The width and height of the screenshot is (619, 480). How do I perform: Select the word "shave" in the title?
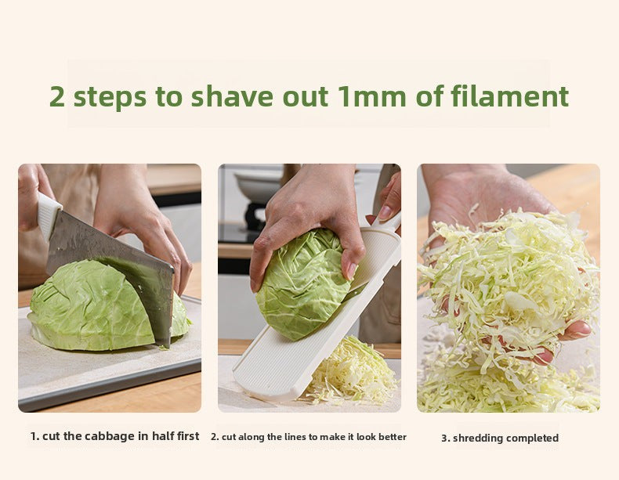pyautogui.click(x=232, y=96)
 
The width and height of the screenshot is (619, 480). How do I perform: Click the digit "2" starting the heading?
pyautogui.click(x=57, y=96)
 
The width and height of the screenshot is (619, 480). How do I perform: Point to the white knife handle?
pyautogui.click(x=48, y=215)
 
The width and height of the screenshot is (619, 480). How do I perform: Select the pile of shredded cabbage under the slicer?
pyautogui.click(x=351, y=373)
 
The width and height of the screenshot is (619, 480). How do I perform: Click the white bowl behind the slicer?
pyautogui.click(x=259, y=186)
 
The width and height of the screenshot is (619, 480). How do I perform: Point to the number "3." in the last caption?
pyautogui.click(x=446, y=438)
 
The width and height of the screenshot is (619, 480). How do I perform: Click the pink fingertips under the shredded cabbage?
pyautogui.click(x=577, y=330)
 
